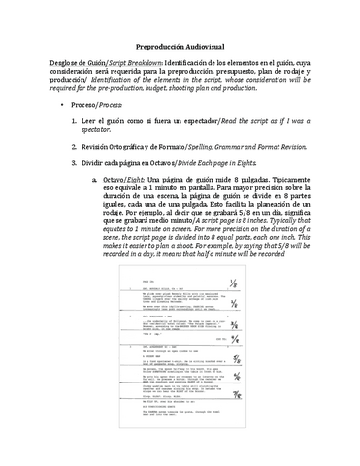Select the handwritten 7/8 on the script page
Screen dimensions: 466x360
tap(236, 394)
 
